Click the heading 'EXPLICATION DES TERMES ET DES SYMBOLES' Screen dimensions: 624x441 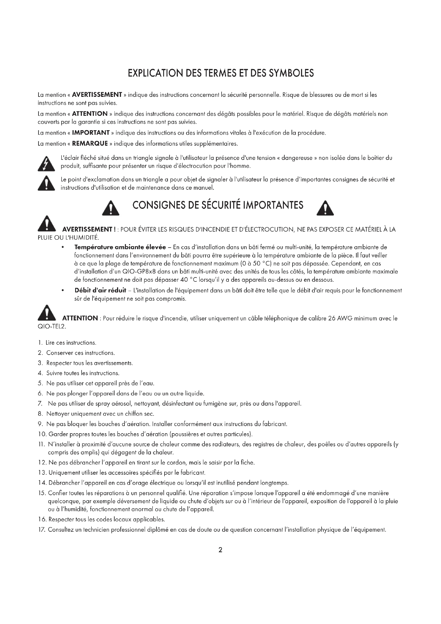221,73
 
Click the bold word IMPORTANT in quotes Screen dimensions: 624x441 91,133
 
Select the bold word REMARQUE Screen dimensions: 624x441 90,144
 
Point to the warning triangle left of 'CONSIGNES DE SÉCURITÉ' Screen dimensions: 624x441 111,208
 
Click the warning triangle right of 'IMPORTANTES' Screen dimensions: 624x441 325,208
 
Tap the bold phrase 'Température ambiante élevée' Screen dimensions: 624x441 120,247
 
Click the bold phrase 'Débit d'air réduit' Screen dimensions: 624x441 100,291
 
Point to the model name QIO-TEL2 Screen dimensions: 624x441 52,326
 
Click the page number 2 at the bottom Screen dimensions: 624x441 220,550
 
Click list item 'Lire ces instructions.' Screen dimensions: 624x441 71,343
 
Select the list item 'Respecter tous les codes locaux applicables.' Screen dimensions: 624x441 106,519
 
